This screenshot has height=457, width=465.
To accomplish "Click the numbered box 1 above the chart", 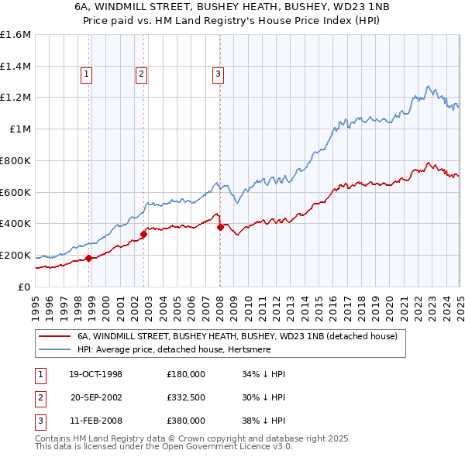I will coord(85,74).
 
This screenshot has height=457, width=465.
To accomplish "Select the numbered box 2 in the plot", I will coord(141,74).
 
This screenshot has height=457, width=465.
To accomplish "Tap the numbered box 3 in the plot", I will coord(218,74).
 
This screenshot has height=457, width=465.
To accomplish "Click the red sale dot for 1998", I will coord(88,258).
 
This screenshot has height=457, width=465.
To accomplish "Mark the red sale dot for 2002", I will coord(144,234).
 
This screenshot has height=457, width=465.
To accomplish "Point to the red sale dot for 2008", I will coord(221,227).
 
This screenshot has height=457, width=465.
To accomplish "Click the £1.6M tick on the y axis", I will coord(16,35).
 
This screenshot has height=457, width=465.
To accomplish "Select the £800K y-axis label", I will coord(16,160).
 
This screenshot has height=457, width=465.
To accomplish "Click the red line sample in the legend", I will coord(55,337).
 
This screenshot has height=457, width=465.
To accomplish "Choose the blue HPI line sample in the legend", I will coord(55,350).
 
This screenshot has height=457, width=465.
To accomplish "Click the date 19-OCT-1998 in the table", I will coord(96,375).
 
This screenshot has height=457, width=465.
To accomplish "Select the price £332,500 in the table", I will coord(186,398).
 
